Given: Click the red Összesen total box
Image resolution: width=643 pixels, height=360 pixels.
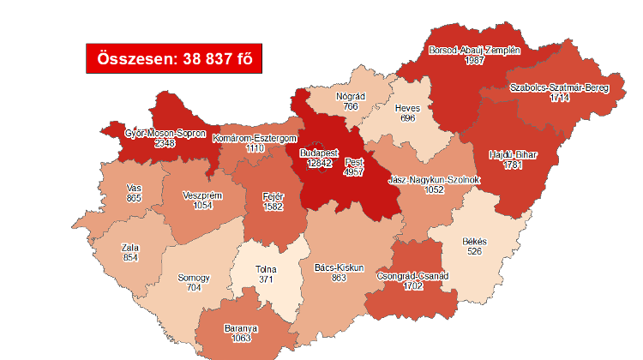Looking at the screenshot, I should [173, 58].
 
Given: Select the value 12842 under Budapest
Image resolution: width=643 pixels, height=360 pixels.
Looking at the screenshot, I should [320, 163].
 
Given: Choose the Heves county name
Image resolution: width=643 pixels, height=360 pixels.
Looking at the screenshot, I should [406, 109].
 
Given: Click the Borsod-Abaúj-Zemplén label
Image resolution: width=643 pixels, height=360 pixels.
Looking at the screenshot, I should [474, 50].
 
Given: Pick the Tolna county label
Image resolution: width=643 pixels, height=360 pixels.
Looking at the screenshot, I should [266, 269].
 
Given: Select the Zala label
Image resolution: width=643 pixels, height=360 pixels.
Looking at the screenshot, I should [130, 249].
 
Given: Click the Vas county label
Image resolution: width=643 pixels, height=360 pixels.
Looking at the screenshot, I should [133, 187].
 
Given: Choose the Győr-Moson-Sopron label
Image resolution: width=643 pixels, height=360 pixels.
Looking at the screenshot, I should [165, 134].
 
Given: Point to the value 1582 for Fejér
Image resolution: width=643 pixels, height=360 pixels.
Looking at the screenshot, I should [273, 206].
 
